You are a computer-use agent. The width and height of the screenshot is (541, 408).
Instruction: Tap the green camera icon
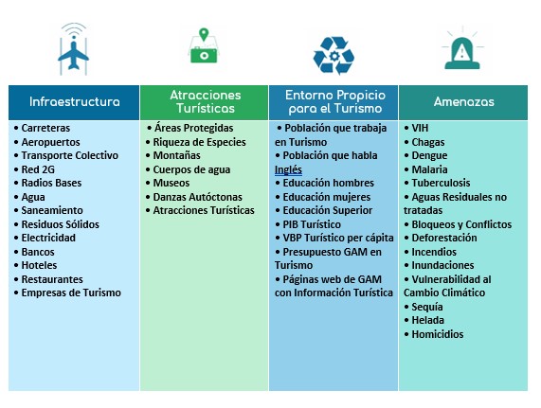(204, 46)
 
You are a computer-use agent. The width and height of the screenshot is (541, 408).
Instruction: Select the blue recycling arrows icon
(334, 55)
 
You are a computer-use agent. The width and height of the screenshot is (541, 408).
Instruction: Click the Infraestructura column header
(74, 102)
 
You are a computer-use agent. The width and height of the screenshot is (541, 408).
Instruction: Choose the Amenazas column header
(463, 102)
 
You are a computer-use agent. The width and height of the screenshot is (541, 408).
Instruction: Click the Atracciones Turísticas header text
(206, 101)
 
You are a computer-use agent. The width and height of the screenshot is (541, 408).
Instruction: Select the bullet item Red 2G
(38, 169)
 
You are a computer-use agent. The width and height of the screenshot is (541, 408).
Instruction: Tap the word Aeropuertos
(51, 142)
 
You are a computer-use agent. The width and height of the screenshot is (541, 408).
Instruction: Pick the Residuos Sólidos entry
(61, 224)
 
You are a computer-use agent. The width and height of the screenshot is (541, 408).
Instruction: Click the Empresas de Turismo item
(71, 293)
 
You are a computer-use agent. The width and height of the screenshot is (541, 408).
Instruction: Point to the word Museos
(171, 183)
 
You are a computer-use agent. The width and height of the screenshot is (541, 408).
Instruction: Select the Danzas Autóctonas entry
(197, 197)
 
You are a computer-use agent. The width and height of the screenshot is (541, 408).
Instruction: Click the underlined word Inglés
(288, 169)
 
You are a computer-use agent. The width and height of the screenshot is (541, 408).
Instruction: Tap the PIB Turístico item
(312, 224)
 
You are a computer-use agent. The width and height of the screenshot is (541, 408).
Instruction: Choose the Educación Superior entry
(328, 210)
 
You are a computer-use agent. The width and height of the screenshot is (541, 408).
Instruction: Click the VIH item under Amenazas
(420, 128)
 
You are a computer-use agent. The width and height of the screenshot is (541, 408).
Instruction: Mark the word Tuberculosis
(441, 183)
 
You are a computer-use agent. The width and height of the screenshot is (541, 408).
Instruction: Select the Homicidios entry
(438, 334)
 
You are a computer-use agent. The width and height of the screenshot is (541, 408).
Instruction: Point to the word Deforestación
(444, 238)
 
